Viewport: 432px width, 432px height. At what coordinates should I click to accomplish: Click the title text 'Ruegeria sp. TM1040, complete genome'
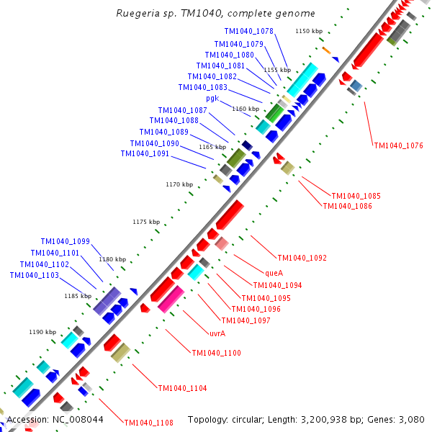point(215,14)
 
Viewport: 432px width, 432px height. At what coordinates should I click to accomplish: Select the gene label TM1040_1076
point(398,146)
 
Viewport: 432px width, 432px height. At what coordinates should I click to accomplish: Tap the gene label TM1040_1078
point(248,32)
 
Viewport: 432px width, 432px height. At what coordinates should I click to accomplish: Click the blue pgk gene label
point(212,99)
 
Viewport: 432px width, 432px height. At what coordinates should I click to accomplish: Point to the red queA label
point(274,274)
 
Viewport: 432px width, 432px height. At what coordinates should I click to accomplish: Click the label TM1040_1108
point(148,423)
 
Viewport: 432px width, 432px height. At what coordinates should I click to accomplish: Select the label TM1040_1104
point(182,389)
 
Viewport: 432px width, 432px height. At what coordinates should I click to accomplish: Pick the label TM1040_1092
point(302,258)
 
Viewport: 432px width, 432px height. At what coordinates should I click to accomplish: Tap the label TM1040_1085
point(356,196)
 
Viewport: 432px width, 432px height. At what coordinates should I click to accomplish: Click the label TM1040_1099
point(65,242)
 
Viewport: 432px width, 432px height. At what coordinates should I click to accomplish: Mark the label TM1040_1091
point(145,154)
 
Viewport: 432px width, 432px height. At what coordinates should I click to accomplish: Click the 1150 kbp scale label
point(309,32)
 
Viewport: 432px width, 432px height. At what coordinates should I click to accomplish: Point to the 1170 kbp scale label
point(179,185)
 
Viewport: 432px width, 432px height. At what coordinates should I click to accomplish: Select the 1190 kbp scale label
point(42,333)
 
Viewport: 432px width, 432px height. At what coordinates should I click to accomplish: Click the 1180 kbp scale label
point(112,259)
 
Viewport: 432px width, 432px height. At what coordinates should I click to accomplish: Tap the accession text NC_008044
point(55,419)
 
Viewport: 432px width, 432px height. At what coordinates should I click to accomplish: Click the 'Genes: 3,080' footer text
point(400,419)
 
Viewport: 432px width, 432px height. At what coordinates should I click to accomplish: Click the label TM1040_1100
point(216,354)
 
